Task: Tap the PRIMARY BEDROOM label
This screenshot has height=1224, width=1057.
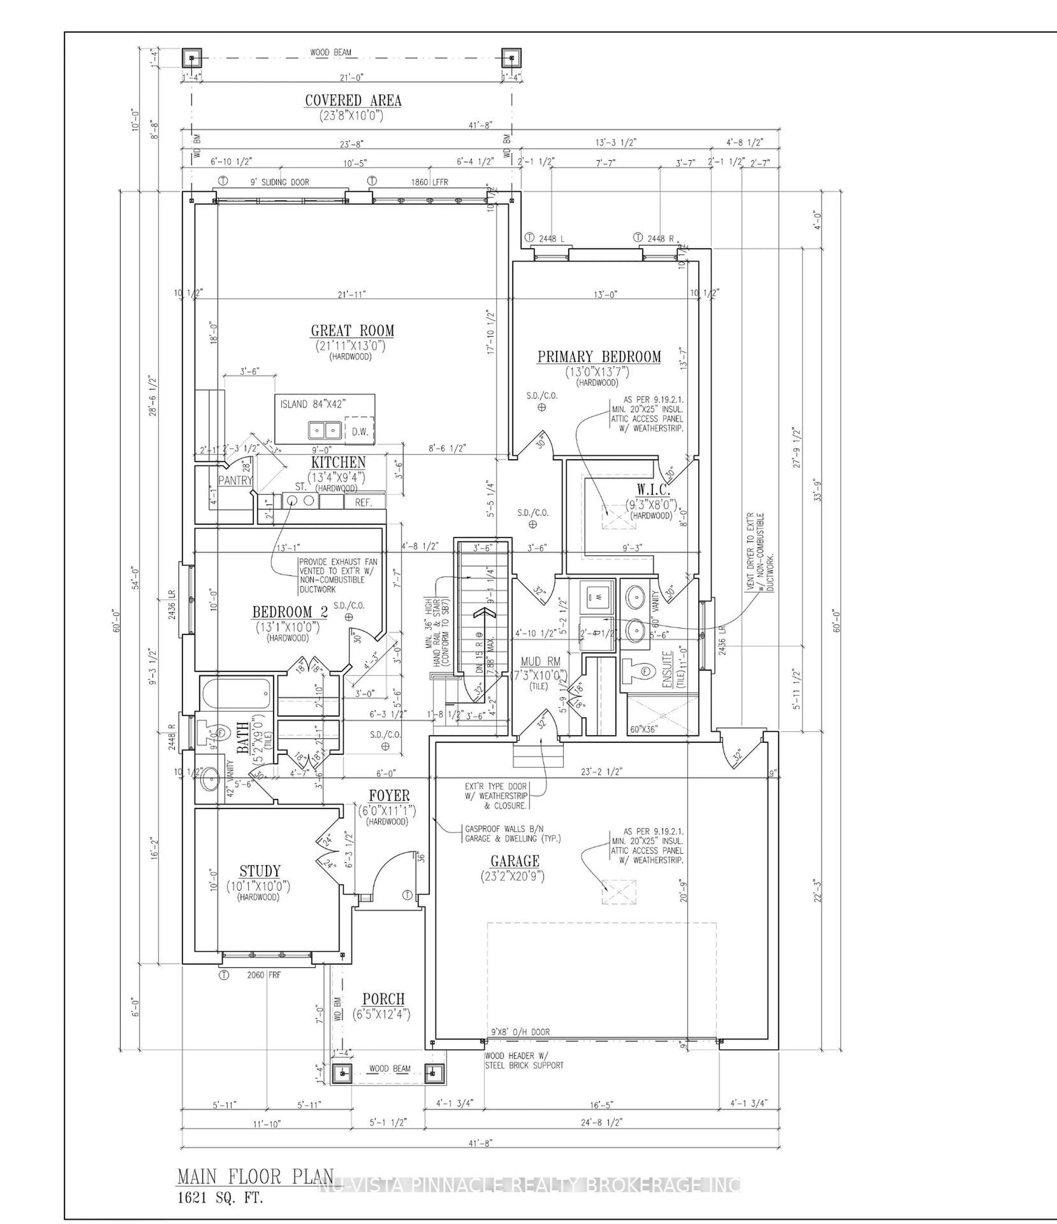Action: pyautogui.click(x=598, y=357)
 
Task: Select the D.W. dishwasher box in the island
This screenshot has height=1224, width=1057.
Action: pyautogui.click(x=360, y=431)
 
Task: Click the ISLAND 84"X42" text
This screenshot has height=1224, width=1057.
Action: pyautogui.click(x=312, y=404)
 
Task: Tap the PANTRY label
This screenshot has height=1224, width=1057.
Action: pyautogui.click(x=235, y=480)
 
